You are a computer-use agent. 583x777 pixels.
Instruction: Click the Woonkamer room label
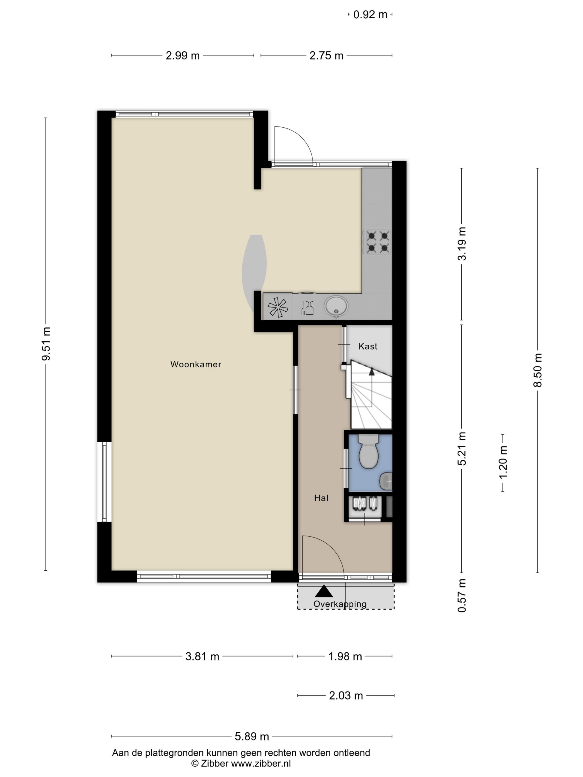[x=196, y=364]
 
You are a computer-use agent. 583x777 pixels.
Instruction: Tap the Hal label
[x=321, y=498]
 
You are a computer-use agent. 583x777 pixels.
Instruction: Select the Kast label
[x=368, y=346]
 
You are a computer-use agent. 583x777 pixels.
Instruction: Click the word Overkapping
[x=340, y=604]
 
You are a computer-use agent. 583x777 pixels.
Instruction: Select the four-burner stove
[x=378, y=242]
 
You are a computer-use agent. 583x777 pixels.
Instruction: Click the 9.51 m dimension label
[x=46, y=344]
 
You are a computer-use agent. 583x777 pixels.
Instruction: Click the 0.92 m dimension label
[x=370, y=14]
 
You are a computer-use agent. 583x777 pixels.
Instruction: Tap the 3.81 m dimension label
[x=202, y=656]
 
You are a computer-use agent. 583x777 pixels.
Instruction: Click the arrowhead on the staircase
[x=371, y=371]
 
